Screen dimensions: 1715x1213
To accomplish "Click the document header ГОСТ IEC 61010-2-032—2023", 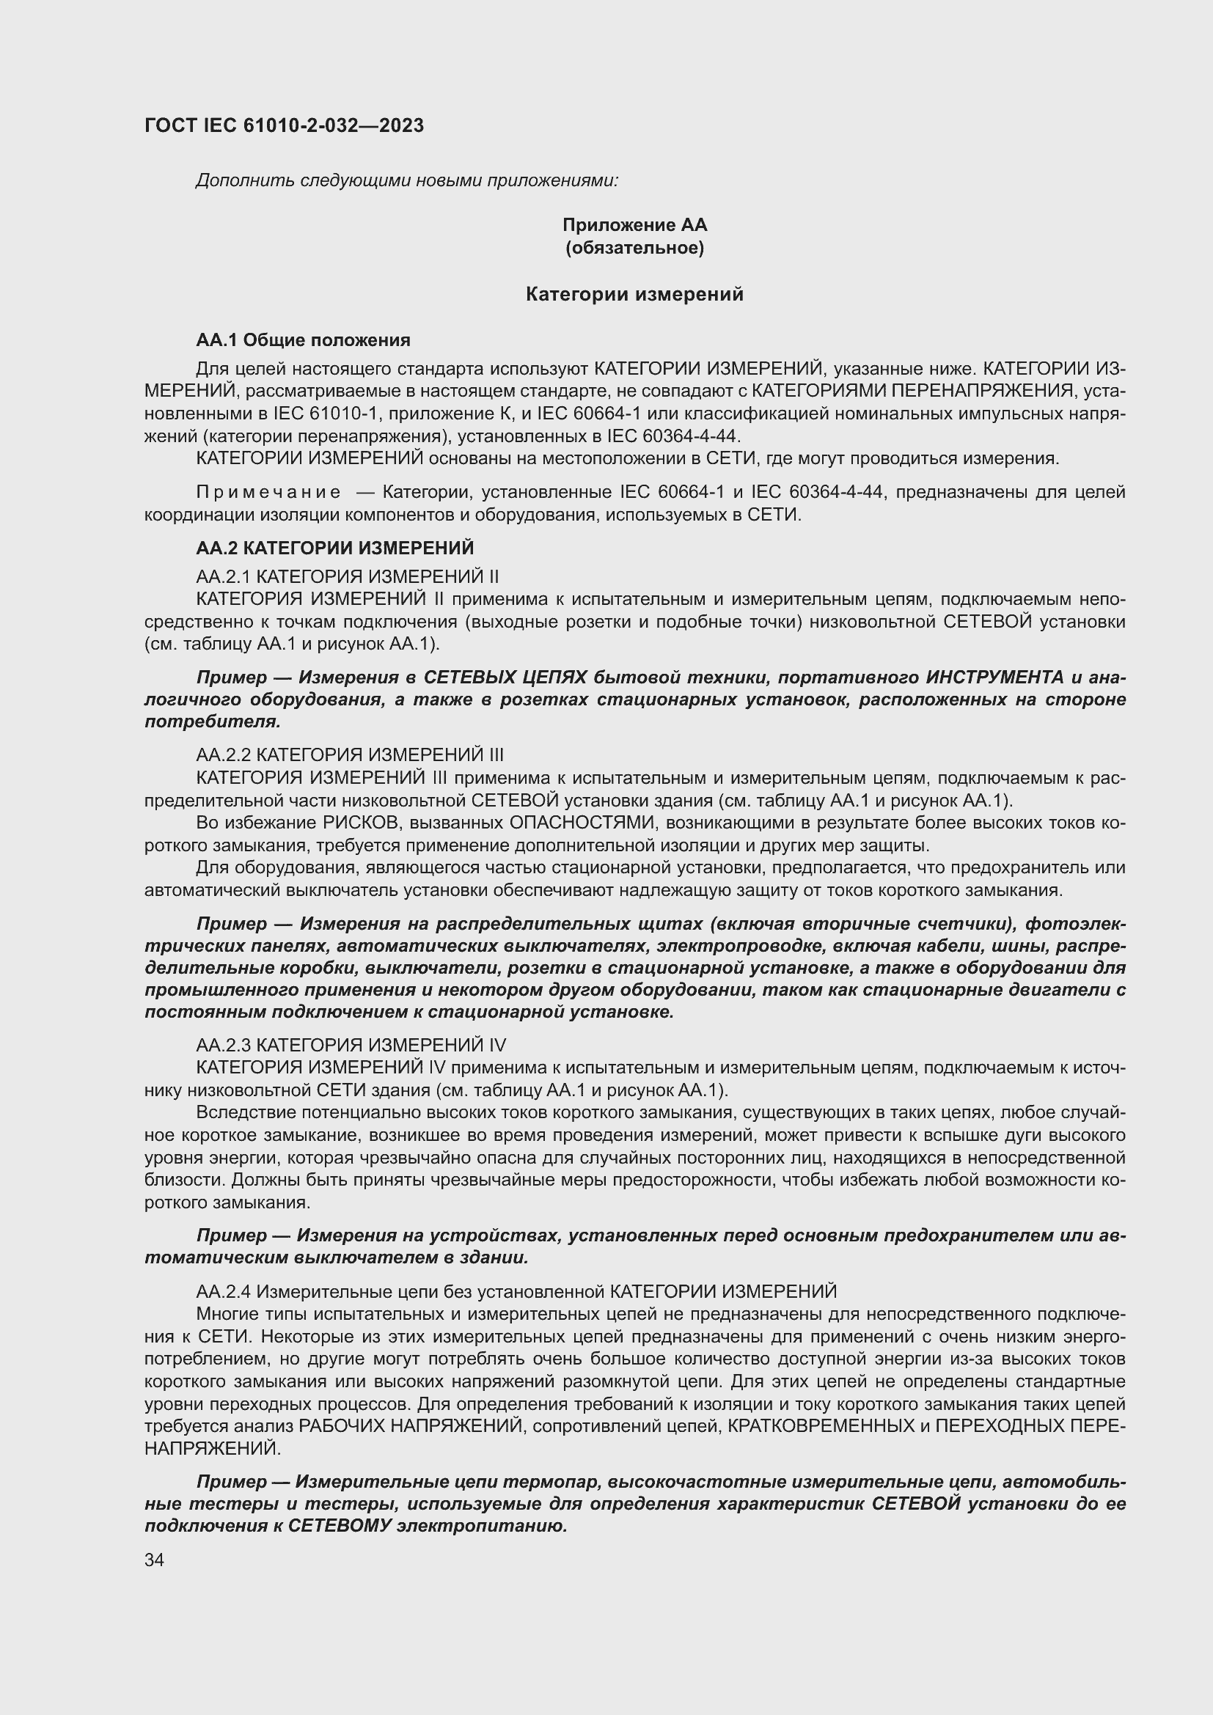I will tap(284, 125).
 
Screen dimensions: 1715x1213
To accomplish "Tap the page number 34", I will tap(155, 1560).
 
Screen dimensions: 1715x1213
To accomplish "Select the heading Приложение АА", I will tap(634, 225).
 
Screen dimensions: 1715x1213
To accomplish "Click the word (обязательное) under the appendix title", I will tap(634, 247).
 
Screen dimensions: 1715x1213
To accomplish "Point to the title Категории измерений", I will tap(634, 294).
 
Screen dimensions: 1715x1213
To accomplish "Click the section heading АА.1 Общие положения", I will tap(304, 341).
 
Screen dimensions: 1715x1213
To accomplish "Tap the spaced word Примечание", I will tap(269, 492).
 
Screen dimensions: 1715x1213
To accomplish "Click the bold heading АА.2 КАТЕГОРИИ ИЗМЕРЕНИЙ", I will tap(334, 548).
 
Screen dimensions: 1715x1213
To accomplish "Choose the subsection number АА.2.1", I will tap(224, 576).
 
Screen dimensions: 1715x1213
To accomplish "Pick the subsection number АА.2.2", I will tap(224, 754).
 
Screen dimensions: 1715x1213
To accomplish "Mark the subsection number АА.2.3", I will tap(224, 1044).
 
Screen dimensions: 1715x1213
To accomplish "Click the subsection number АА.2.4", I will tap(224, 1291).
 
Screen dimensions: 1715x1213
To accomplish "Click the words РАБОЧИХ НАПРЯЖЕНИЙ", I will tap(410, 1426).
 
